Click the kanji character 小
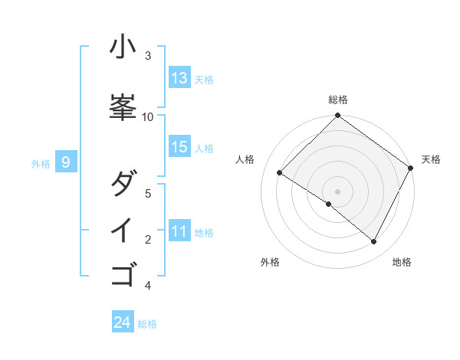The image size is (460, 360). [123, 47]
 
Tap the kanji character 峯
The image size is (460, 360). [123, 105]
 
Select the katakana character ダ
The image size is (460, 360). [123, 184]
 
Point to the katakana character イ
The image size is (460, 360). [123, 230]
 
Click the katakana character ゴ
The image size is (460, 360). [123, 273]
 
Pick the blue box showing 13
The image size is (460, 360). [179, 78]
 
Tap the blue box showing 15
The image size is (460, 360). [179, 147]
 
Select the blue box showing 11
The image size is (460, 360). [179, 231]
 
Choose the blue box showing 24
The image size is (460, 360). [123, 322]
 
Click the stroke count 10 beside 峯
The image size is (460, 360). [148, 116]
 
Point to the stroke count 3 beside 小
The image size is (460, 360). [148, 55]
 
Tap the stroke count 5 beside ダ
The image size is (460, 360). [148, 193]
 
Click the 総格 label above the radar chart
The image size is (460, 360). [338, 100]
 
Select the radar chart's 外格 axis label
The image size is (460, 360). [270, 262]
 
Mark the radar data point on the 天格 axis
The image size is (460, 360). [410, 169]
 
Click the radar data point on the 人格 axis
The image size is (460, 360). [280, 173]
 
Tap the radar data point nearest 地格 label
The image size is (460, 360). [374, 241]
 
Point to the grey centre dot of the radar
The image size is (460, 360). [338, 191]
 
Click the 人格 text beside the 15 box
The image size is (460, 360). [204, 148]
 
